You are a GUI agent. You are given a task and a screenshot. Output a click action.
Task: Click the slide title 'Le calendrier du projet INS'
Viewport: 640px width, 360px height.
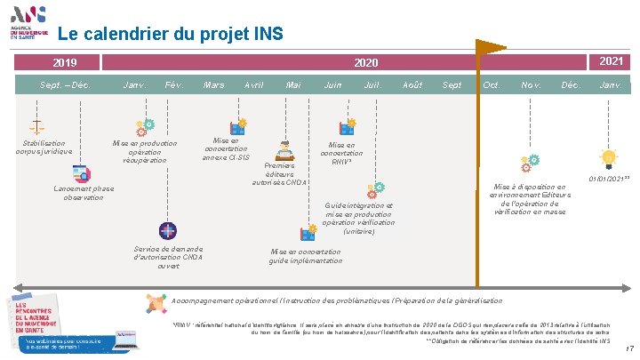[x=170, y=35]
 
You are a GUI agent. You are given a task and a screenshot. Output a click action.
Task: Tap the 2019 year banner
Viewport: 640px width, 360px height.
[x=64, y=63]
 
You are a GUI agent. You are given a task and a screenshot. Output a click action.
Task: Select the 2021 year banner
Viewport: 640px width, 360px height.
[x=611, y=61]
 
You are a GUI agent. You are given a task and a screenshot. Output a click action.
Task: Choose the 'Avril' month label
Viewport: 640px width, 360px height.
[x=253, y=85]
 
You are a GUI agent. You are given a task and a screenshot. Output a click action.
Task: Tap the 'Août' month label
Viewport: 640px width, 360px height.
[x=412, y=85]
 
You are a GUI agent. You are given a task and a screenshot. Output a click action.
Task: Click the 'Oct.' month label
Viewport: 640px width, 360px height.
[x=490, y=85]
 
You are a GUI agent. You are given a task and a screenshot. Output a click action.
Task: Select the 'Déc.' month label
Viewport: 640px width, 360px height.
[x=570, y=85]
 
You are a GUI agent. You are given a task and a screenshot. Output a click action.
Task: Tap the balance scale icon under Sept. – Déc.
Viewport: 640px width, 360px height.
[x=37, y=126]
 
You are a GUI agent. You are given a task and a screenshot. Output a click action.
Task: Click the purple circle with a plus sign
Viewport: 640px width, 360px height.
[x=166, y=230]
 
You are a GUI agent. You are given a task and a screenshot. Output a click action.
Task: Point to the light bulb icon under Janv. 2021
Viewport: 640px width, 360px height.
[x=609, y=158]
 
